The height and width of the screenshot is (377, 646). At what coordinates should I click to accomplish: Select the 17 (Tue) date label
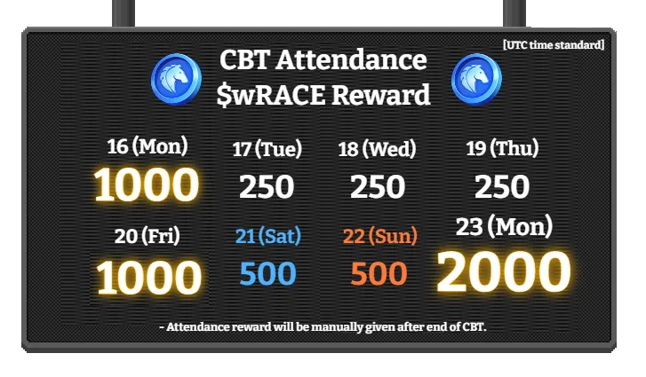[x=267, y=149]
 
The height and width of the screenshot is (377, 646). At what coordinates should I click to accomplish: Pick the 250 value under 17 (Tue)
[x=267, y=186]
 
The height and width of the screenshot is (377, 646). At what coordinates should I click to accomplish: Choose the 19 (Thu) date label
[x=502, y=149]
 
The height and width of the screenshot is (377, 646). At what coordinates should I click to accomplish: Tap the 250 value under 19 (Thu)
[x=502, y=186]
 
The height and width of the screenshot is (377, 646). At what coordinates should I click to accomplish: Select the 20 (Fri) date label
[x=148, y=236]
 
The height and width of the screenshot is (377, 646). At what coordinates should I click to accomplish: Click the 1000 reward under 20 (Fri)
[x=148, y=278]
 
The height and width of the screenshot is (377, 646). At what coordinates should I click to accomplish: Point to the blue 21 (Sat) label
[x=268, y=237]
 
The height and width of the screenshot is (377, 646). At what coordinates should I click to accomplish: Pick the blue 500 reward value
[x=267, y=274]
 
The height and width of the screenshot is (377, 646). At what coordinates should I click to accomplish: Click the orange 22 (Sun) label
[x=379, y=237]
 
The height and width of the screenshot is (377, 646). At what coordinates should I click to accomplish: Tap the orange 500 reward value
[x=379, y=274]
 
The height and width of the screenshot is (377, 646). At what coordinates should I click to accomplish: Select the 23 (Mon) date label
[x=503, y=226]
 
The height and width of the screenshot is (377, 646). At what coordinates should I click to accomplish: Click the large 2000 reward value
[x=503, y=272]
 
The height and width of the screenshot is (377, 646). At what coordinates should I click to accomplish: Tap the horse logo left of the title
[x=176, y=78]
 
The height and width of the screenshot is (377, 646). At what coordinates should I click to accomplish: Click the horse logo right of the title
[x=476, y=78]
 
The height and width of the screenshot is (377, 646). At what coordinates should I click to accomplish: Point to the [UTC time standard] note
[x=553, y=44]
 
